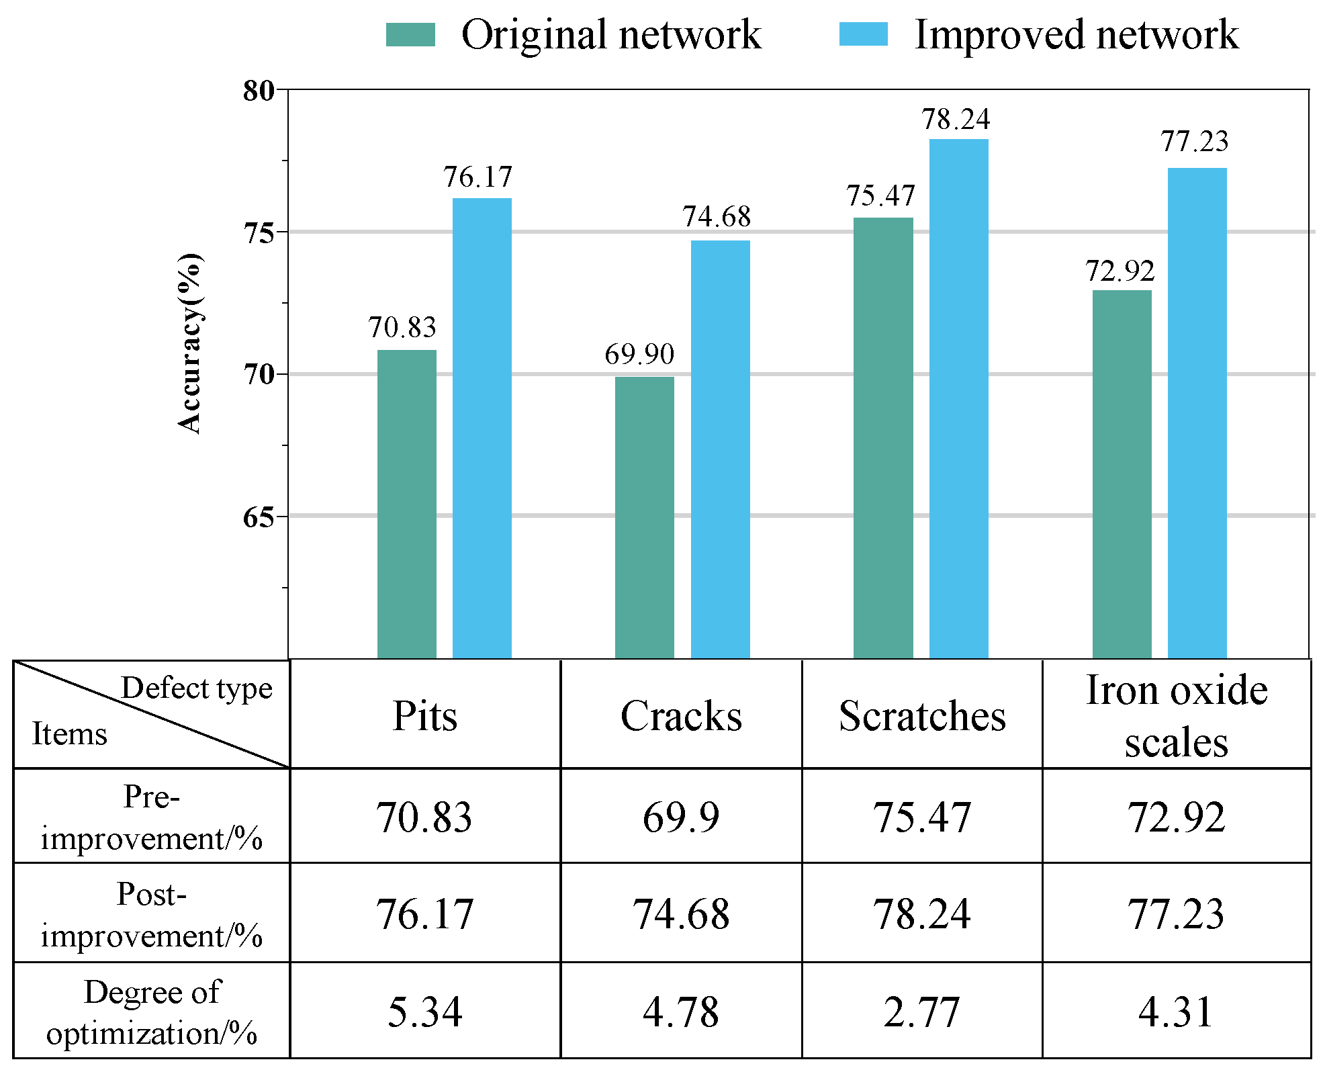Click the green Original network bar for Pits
coord(406,504)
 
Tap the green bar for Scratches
coord(883,437)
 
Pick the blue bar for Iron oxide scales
coord(1197,412)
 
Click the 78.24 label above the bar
coord(956,120)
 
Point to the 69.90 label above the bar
coord(639,354)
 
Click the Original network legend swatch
coord(410,34)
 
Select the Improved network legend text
coord(1076,34)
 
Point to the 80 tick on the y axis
coord(259,91)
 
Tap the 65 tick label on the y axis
coord(259,517)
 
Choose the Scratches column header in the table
coord(922,716)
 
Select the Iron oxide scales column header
coord(1177,716)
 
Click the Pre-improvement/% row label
coord(152,817)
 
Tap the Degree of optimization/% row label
coord(152,1012)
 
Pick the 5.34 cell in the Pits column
coord(425,1012)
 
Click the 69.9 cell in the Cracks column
coord(681,817)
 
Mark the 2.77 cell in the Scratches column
coord(922,1012)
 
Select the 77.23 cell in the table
coord(1176,914)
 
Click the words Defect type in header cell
coord(197,688)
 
